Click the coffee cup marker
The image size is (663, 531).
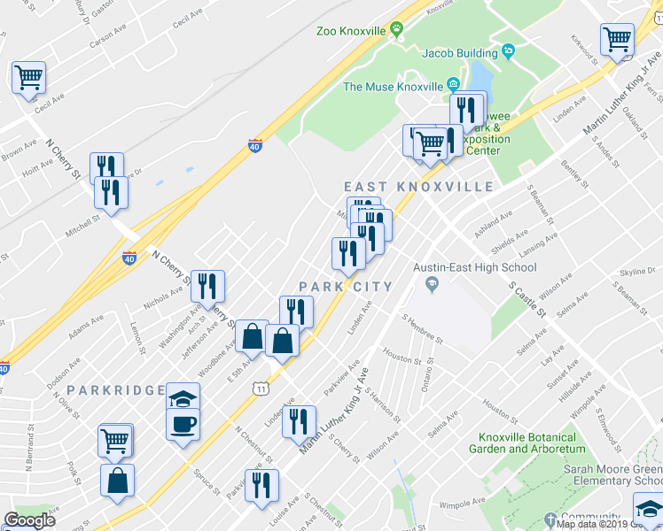[183, 424]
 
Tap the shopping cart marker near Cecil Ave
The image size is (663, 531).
[29, 78]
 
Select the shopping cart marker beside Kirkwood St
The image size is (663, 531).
[617, 40]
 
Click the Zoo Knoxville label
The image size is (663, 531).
[351, 31]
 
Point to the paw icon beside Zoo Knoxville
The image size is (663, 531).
[396, 31]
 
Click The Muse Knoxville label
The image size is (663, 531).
[393, 87]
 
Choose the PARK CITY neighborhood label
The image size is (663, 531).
[345, 286]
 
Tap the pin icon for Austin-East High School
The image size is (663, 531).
[432, 285]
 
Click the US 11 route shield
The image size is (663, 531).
[259, 389]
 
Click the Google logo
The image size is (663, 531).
[29, 520]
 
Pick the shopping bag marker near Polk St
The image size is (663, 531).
[117, 482]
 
